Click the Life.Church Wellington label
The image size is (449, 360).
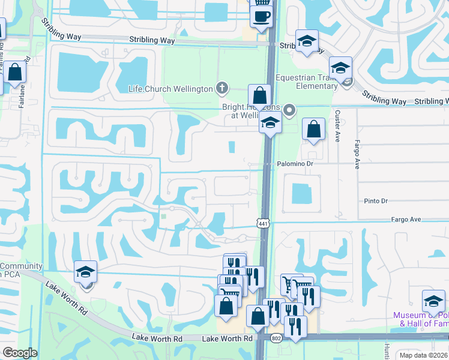[170, 89]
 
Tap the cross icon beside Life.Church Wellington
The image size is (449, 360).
[222, 88]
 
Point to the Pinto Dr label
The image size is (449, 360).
[376, 201]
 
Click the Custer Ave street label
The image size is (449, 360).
[338, 125]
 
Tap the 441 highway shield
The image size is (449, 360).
[263, 224]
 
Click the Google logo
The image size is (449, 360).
[20, 352]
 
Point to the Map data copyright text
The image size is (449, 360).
[424, 355]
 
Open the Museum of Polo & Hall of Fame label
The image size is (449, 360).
[420, 320]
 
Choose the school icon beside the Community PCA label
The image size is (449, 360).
[85, 272]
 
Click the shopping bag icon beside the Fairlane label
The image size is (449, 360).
[15, 71]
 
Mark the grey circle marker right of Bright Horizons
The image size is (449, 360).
[290, 110]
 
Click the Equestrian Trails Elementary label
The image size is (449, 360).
[306, 82]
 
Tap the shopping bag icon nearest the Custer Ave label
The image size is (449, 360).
[313, 128]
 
